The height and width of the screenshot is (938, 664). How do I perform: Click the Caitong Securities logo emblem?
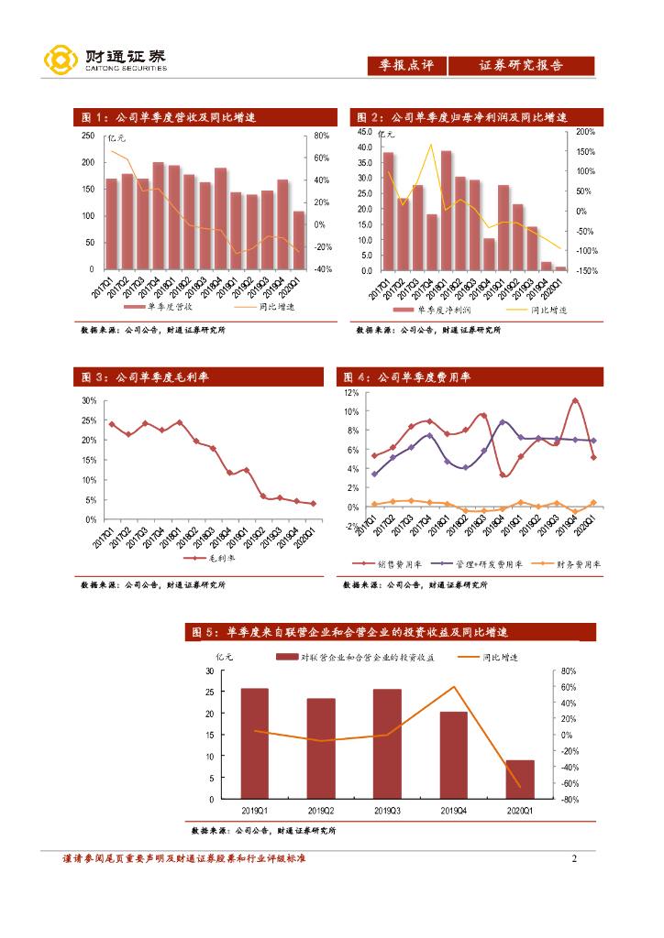pos(61,60)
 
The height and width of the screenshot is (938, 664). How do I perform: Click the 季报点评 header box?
pos(406,65)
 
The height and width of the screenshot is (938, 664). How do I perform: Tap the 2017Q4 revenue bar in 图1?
pos(159,216)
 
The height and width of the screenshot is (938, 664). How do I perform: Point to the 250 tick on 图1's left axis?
pos(88,136)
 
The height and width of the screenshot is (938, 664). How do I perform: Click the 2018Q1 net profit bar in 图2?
pos(446,211)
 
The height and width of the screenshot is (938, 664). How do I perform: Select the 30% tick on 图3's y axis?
pos(89,401)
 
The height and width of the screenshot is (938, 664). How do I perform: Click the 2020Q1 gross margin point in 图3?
pos(313,503)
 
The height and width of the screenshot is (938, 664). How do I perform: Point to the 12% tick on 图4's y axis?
pos(350,392)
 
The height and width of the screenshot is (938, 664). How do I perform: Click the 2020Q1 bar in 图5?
pos(520,779)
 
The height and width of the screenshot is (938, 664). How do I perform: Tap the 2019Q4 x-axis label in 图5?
pos(453,811)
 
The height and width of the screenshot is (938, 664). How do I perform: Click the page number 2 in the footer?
pos(574,859)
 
